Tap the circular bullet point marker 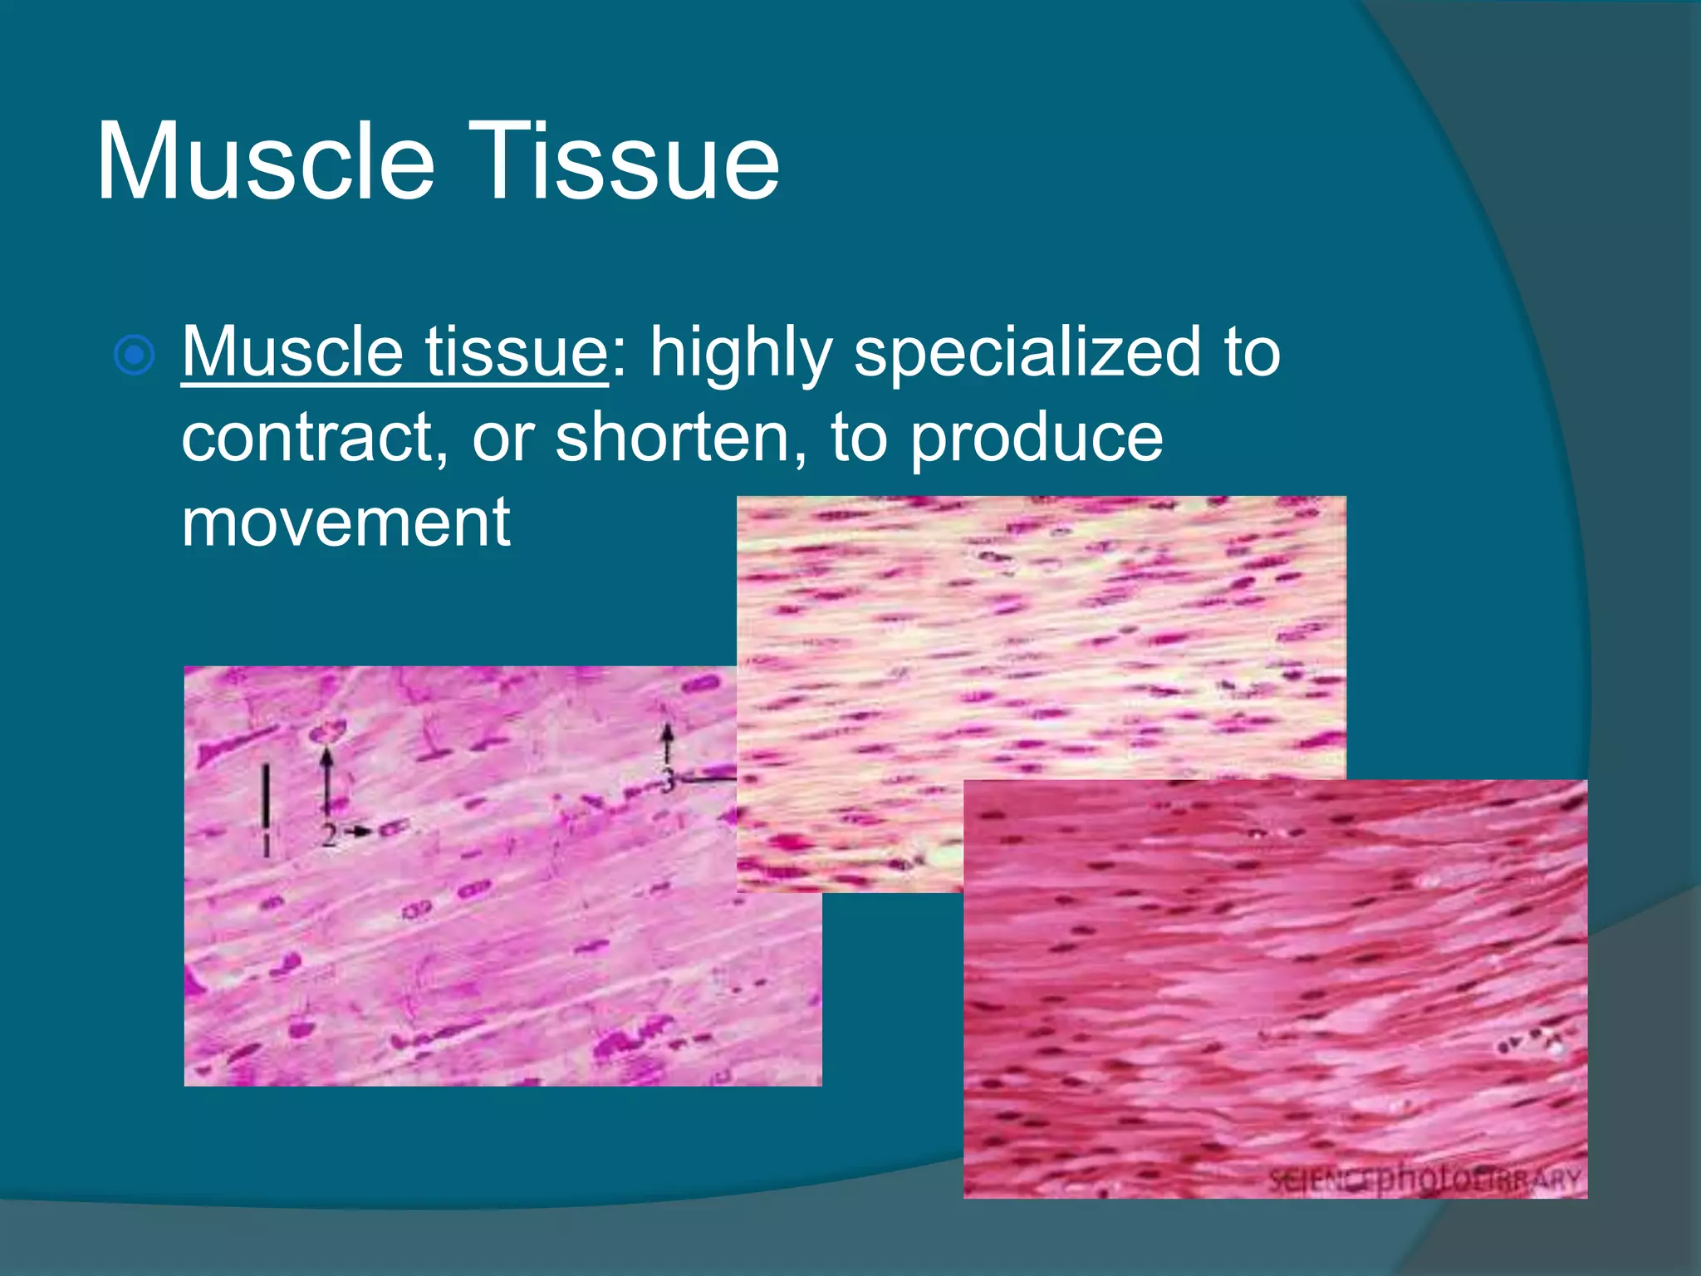click(x=134, y=356)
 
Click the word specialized click(x=1027, y=354)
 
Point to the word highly click(x=741, y=354)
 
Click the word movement click(x=346, y=523)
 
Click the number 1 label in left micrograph click(x=266, y=845)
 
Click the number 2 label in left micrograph click(x=329, y=834)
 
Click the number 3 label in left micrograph click(x=667, y=780)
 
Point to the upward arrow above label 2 click(x=327, y=777)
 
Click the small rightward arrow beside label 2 click(x=360, y=831)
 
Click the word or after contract click(x=503, y=439)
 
